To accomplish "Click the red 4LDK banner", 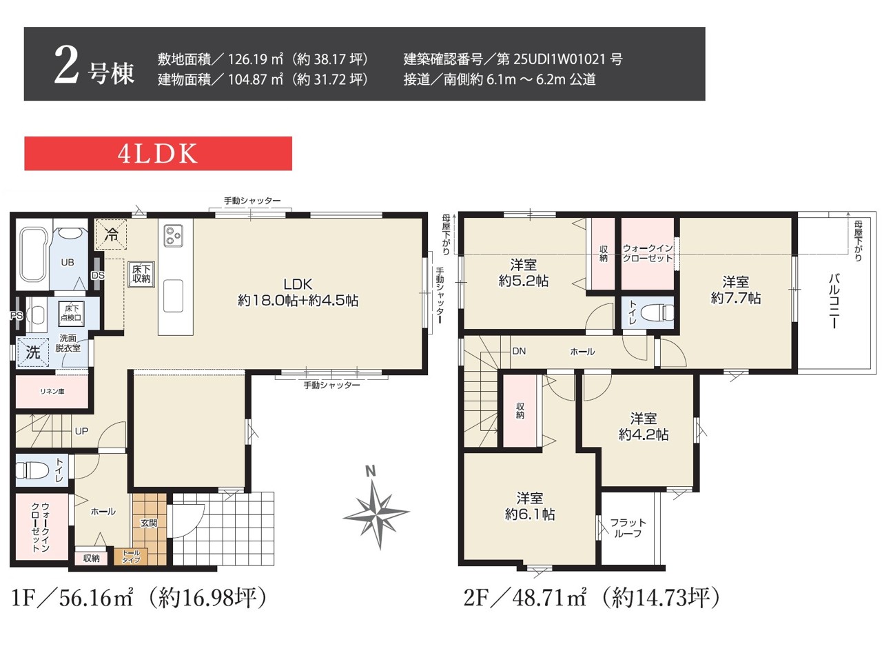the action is click(x=158, y=154).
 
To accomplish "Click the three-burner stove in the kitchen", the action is click(x=174, y=236).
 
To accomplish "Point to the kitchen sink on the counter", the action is click(x=174, y=295).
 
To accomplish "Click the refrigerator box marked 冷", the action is click(x=111, y=234).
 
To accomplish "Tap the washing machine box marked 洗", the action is click(x=33, y=353).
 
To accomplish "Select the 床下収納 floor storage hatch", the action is click(x=141, y=274).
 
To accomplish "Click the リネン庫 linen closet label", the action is click(x=52, y=391).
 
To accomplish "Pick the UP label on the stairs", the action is click(x=81, y=431).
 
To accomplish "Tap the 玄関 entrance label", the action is click(x=149, y=523).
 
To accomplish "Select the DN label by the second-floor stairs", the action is click(x=519, y=351).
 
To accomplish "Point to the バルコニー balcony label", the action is click(x=835, y=301).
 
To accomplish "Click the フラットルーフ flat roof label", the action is click(x=628, y=528).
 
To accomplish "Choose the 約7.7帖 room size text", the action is click(x=736, y=298).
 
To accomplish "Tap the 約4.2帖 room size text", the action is click(x=644, y=434).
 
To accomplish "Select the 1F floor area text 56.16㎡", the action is click(x=96, y=599).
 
